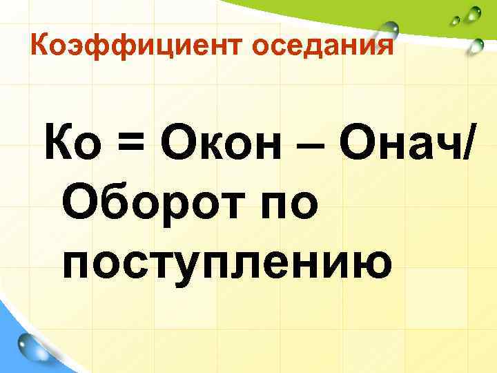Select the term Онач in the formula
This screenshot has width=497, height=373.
point(400,146)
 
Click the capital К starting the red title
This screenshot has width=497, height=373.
point(41,47)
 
